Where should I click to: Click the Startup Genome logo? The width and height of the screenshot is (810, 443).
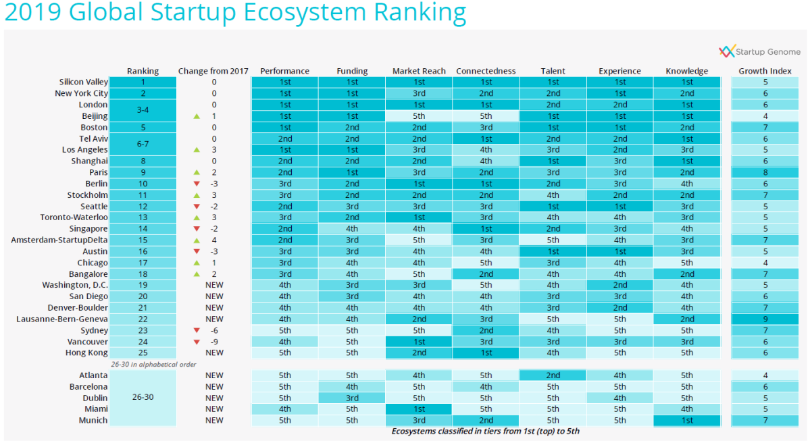(x=759, y=51)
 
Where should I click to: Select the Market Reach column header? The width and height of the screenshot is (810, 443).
(x=419, y=71)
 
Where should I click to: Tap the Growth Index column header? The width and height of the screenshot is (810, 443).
(x=765, y=71)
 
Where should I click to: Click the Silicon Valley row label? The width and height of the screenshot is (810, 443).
(x=83, y=82)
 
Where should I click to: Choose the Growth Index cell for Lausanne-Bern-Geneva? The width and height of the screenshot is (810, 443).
(x=765, y=319)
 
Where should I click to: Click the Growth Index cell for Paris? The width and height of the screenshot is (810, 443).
(x=765, y=172)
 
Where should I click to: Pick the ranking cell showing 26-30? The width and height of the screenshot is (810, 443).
(x=143, y=398)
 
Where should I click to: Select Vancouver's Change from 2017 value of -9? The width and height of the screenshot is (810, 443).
(x=214, y=342)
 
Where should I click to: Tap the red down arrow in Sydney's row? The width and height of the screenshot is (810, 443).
(x=197, y=330)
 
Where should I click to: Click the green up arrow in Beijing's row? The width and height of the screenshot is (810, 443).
(x=197, y=116)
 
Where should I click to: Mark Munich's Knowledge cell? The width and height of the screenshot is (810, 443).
(x=687, y=420)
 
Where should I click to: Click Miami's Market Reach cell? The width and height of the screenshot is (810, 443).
(x=419, y=409)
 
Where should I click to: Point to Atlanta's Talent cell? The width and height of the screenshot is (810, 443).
(x=553, y=375)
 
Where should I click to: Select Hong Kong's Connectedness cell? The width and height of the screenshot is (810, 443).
(x=486, y=353)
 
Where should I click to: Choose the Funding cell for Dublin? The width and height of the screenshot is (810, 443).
(x=352, y=398)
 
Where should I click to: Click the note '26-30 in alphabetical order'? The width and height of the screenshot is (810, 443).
(x=153, y=364)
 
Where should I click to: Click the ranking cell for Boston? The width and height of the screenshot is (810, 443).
(x=143, y=127)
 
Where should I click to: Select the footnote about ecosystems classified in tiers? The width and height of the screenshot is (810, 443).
(x=485, y=431)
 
